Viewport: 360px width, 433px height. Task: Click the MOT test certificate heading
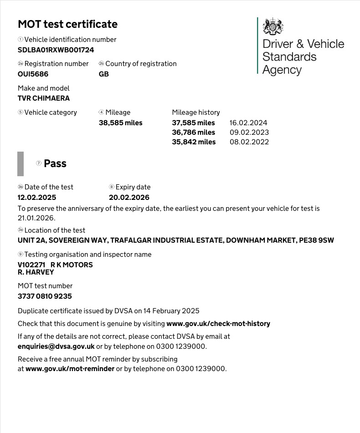coord(67,24)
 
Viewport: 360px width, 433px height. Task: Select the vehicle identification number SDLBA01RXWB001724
coord(56,50)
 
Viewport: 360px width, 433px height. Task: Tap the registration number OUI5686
coord(33,74)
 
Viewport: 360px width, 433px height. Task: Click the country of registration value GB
coord(104,74)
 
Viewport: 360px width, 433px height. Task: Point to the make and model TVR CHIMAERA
coord(44,98)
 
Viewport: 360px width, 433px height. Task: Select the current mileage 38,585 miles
coord(120,123)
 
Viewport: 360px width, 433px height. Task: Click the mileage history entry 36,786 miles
coord(193,132)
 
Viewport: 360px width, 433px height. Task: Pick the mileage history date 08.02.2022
coord(249,142)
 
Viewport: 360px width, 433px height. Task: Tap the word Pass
coord(55,164)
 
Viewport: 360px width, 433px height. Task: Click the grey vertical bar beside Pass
coord(21,164)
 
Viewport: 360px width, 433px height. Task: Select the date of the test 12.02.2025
coord(37,198)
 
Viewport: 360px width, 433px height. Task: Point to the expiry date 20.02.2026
coord(129,198)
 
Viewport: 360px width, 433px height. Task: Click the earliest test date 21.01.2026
coord(36,218)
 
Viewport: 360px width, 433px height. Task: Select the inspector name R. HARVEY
coord(36,272)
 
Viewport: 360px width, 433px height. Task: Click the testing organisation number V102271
coord(31,265)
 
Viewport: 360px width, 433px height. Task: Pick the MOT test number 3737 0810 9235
coord(45,296)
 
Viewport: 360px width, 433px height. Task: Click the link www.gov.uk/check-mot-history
coord(218,324)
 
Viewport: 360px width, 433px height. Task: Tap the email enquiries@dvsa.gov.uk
coord(56,346)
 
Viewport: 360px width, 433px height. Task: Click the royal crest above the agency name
coord(273,26)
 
